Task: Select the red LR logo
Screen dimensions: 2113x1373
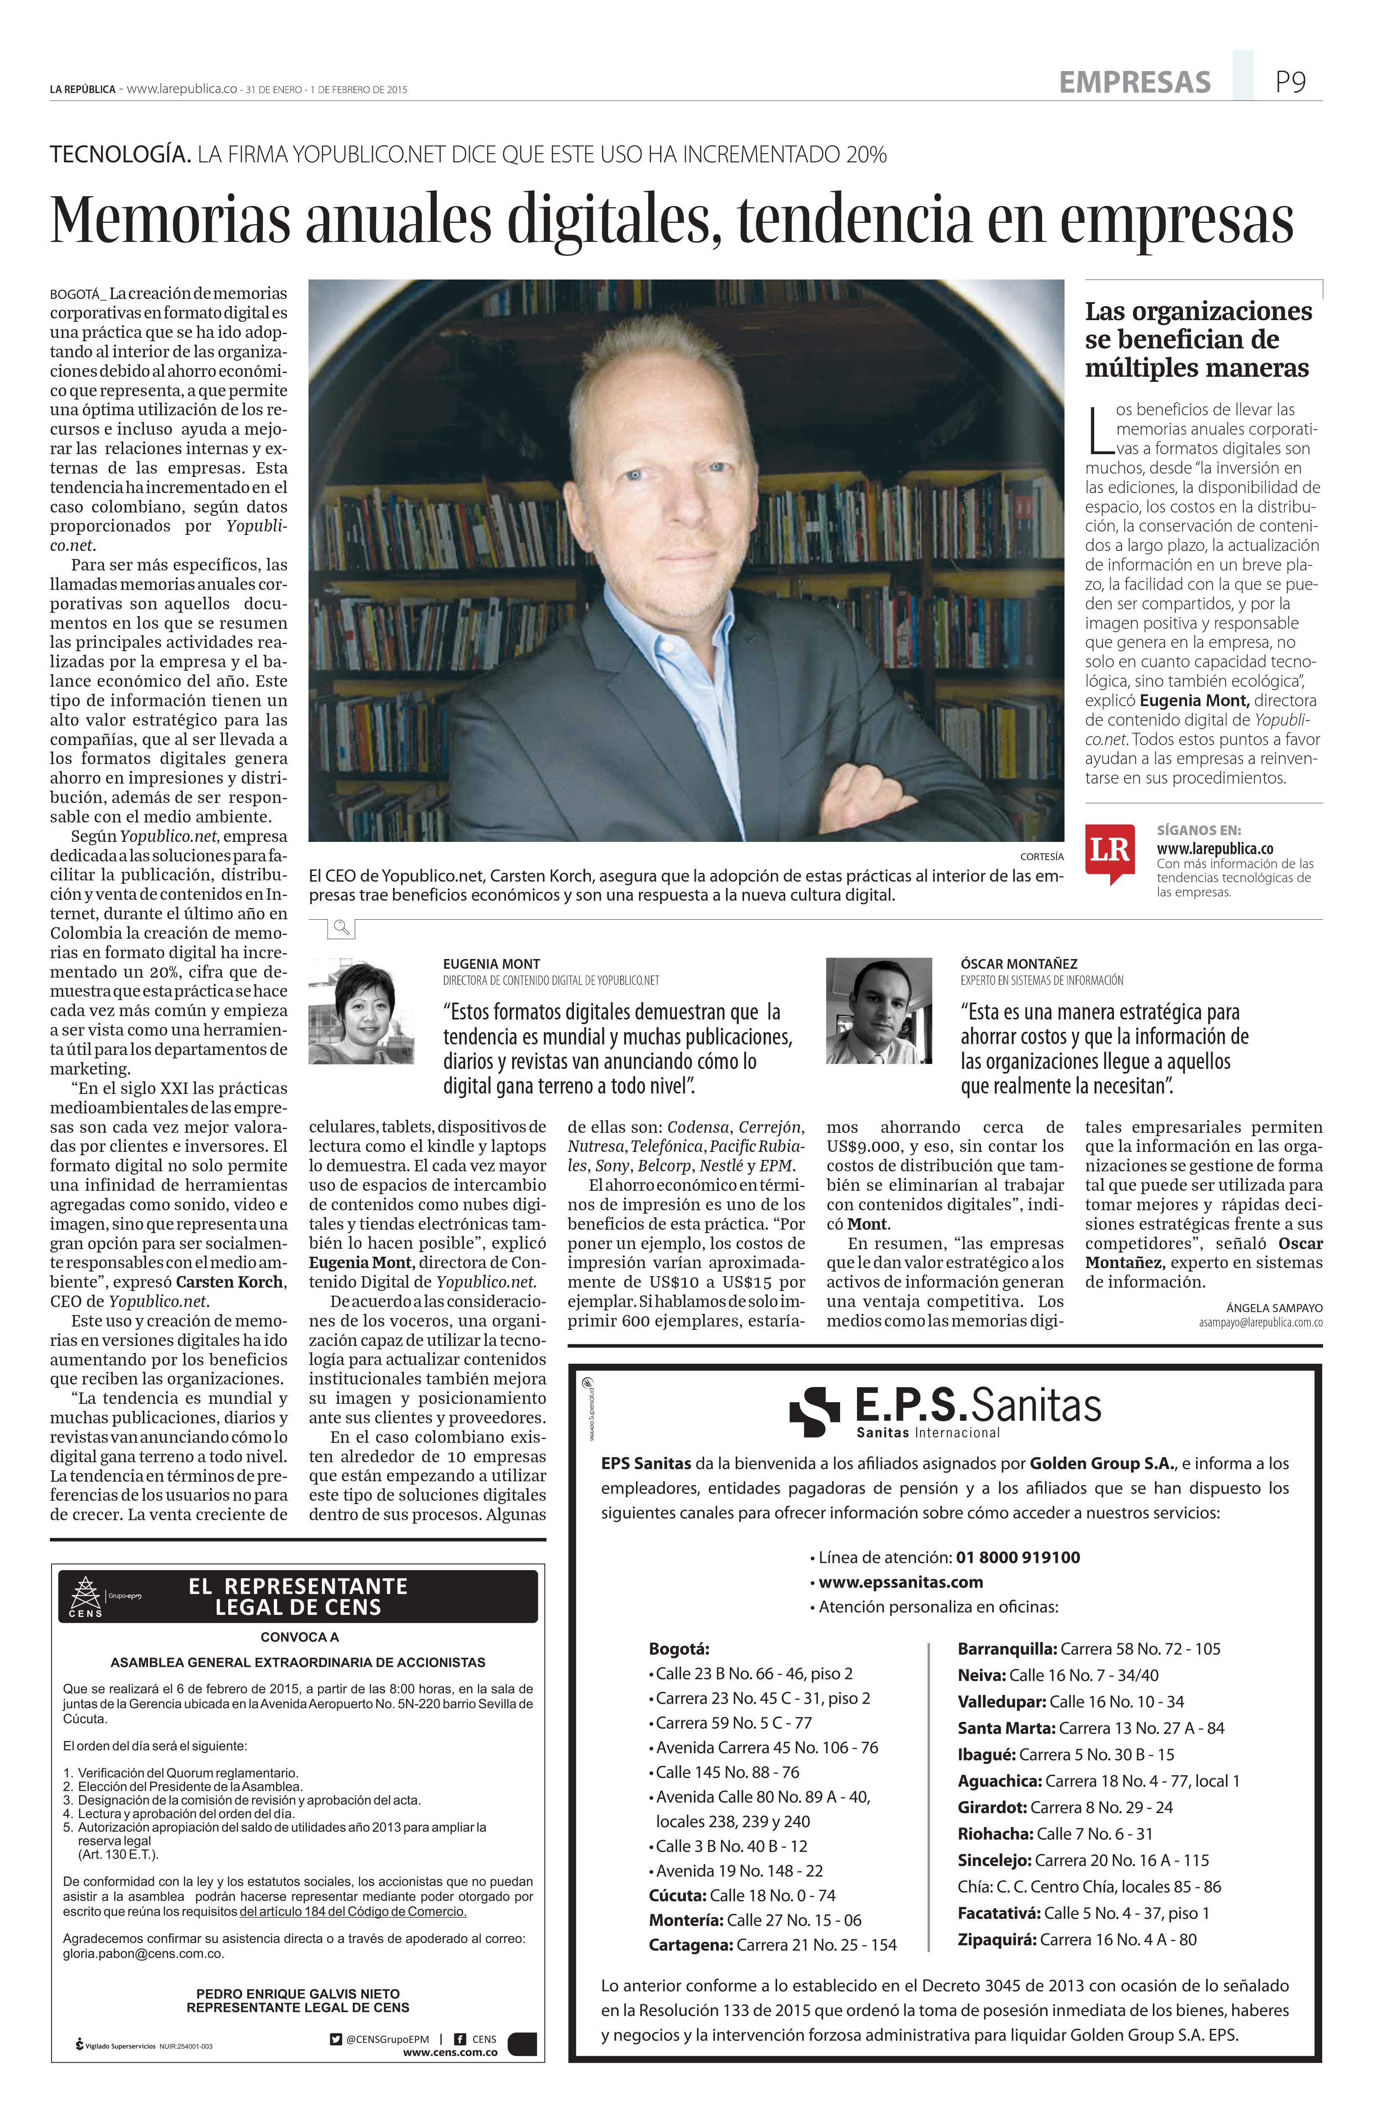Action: (x=1108, y=851)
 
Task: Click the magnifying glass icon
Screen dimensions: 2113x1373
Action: (x=341, y=929)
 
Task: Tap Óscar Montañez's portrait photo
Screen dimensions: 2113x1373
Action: (x=879, y=1010)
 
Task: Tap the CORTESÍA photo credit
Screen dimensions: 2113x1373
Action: (x=1041, y=857)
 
